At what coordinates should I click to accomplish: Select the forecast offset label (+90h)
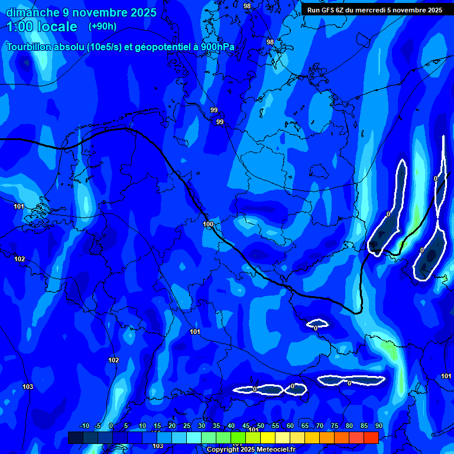[102, 27]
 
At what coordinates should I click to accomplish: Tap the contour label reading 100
[208, 225]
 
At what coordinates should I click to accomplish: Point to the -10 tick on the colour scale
[84, 426]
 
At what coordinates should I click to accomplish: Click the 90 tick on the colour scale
[378, 426]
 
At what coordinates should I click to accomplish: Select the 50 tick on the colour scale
[261, 426]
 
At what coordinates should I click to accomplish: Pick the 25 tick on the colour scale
[187, 426]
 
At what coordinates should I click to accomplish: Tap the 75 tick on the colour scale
[335, 426]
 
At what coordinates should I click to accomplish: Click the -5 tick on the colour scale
[98, 426]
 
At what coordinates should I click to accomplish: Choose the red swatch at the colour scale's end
[371, 437]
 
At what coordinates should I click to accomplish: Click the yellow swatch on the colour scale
[268, 437]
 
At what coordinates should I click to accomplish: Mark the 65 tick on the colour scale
[305, 426]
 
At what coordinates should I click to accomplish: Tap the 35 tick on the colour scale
[216, 426]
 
